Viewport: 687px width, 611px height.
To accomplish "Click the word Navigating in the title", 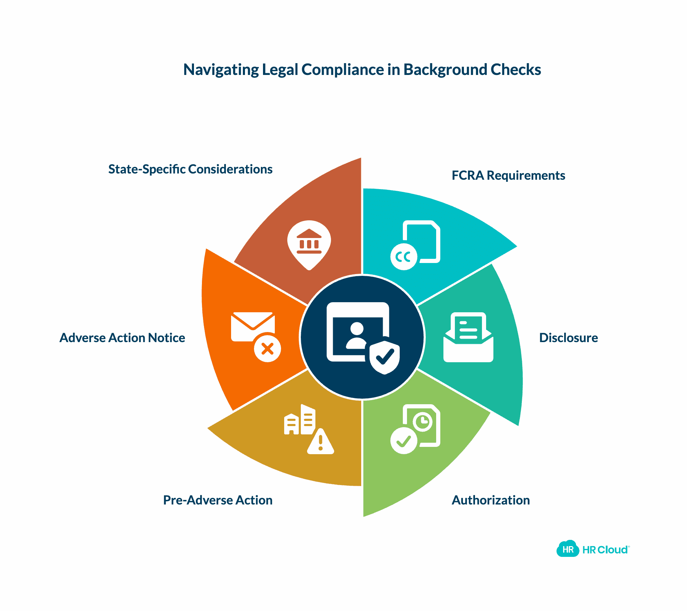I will tap(221, 70).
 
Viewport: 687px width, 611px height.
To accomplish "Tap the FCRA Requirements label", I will tap(508, 176).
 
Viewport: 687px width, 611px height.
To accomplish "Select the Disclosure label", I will tap(568, 338).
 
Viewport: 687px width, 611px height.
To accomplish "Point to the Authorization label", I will tap(490, 500).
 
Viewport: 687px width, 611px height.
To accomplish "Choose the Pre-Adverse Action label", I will tap(218, 500).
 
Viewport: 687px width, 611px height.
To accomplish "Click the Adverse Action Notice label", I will tap(122, 338).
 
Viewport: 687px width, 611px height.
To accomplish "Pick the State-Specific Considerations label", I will tap(190, 169).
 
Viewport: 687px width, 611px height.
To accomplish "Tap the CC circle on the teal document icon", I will tap(404, 257).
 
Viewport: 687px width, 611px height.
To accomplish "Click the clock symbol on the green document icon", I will tap(423, 422).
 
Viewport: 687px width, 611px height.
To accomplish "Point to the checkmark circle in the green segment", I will tap(404, 441).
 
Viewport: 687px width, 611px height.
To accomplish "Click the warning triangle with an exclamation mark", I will tap(321, 443).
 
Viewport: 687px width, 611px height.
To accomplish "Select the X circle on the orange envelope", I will tap(267, 348).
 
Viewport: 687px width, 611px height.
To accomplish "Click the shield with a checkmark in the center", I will tap(384, 357).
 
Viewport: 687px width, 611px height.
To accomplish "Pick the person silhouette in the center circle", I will tap(356, 335).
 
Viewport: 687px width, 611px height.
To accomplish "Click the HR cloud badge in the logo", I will tap(568, 549).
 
